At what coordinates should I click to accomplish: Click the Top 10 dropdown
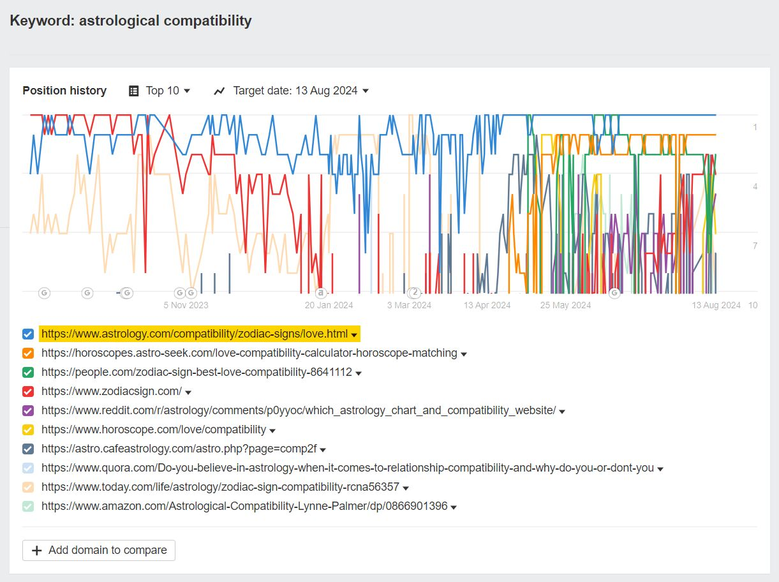point(160,91)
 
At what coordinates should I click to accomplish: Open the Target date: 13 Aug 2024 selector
point(292,91)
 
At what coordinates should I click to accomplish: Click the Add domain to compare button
point(99,550)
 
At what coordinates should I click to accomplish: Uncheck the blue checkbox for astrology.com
point(28,334)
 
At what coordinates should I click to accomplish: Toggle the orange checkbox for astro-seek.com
point(28,353)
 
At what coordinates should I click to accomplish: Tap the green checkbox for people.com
point(28,372)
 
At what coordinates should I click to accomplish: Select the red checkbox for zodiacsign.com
point(28,391)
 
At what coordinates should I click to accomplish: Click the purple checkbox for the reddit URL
point(28,410)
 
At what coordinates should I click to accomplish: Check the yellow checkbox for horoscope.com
point(28,429)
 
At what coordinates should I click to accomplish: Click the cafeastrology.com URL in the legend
point(179,449)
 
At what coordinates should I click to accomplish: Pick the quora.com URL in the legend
point(347,468)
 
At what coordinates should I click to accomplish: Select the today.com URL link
point(220,487)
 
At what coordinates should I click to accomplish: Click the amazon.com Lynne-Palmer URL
point(244,506)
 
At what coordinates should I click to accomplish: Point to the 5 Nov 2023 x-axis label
point(186,305)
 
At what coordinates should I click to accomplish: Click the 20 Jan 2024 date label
point(329,305)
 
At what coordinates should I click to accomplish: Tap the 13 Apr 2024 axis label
point(487,305)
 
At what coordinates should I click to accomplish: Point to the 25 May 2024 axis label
point(566,305)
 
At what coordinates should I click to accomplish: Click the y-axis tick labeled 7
point(755,246)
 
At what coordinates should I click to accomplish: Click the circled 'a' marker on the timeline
point(322,293)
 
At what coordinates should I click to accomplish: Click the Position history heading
point(64,91)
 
